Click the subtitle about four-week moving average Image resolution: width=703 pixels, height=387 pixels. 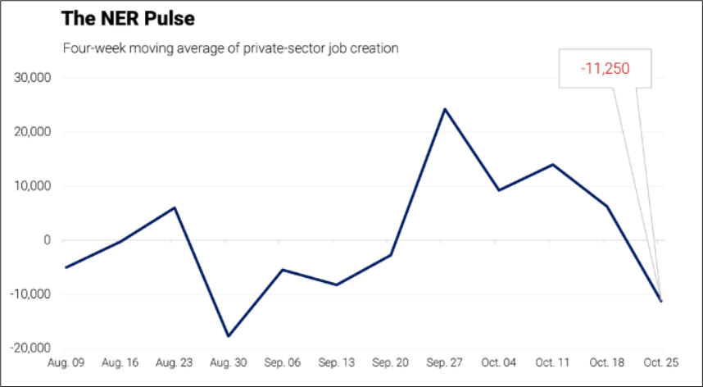(x=231, y=48)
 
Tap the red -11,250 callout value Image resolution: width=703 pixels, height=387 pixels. (x=605, y=69)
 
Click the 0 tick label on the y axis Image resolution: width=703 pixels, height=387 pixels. (x=48, y=240)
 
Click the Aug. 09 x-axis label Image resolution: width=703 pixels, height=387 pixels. (x=66, y=362)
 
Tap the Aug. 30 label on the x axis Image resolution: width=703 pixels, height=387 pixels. (x=227, y=362)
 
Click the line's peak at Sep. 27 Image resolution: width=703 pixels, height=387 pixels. (x=444, y=109)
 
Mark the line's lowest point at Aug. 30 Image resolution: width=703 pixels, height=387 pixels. (x=227, y=336)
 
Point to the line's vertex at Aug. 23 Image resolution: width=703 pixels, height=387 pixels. (x=174, y=207)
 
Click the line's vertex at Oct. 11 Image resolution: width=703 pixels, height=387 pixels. (x=552, y=165)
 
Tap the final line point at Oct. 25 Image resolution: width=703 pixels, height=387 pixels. (x=660, y=301)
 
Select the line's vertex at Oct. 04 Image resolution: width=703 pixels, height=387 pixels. (x=498, y=190)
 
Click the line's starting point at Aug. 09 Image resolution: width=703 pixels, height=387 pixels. (x=66, y=267)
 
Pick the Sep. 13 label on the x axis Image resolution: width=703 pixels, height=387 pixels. (x=335, y=362)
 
